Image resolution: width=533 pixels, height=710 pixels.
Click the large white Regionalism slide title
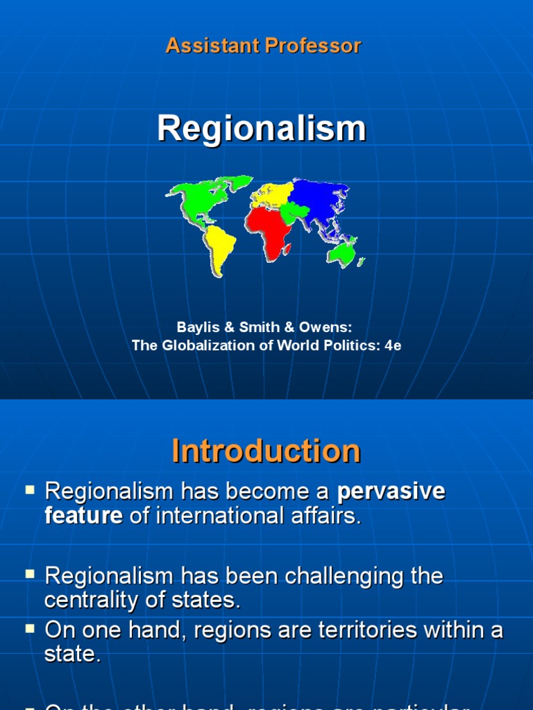pyautogui.click(x=262, y=129)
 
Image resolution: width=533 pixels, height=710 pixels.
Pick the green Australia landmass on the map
pyautogui.click(x=341, y=253)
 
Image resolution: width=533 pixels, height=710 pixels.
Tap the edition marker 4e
pyautogui.click(x=393, y=345)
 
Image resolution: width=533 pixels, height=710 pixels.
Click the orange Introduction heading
pyautogui.click(x=266, y=451)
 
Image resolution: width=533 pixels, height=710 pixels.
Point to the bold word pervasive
pyautogui.click(x=391, y=492)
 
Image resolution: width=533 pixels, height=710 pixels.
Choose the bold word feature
pyautogui.click(x=83, y=516)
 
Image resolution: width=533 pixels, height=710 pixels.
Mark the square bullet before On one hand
pyautogui.click(x=30, y=629)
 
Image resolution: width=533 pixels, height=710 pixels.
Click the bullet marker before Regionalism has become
pyautogui.click(x=30, y=490)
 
